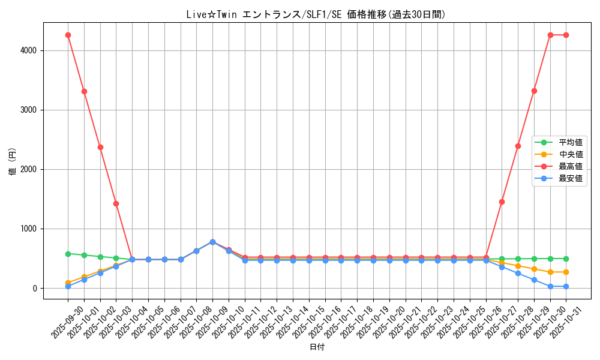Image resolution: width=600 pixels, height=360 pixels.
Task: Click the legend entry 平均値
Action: coord(571,142)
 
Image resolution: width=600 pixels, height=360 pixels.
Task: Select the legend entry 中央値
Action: coord(571,154)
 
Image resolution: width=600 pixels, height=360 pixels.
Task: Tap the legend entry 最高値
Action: coord(571,166)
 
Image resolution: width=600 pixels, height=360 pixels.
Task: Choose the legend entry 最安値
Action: coord(571,178)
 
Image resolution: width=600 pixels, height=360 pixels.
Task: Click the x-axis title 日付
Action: coord(316,347)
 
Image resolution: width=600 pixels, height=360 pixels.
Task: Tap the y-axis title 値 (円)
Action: coord(13,162)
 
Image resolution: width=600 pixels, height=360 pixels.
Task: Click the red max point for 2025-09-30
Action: coord(68,35)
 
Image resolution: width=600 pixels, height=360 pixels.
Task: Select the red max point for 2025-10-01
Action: coord(84,91)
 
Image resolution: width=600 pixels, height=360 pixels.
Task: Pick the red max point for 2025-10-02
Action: coord(100,147)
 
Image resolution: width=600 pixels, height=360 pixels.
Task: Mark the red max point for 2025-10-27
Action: coord(502,202)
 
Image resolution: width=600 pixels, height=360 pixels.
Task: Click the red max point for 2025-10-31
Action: coord(566,35)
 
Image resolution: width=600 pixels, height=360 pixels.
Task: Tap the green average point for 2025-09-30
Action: coord(68,254)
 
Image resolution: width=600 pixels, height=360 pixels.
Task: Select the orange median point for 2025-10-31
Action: coord(566,272)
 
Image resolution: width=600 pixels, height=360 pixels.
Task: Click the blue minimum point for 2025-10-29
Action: coord(534,280)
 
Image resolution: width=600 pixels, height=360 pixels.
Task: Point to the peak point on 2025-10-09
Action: coord(212,242)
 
